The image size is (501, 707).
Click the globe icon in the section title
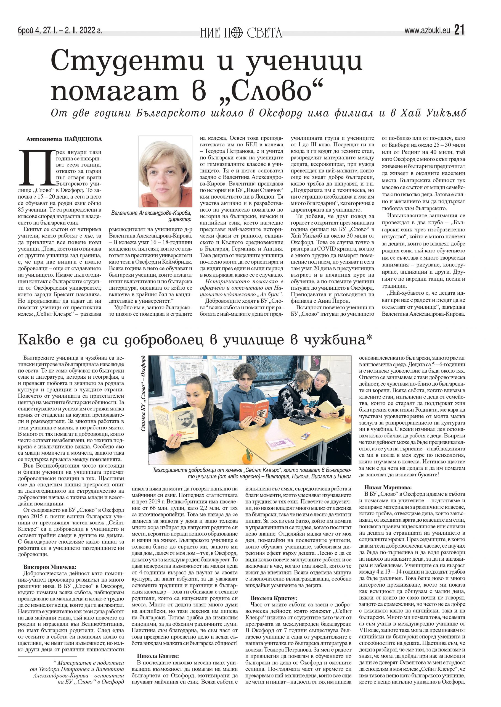(x=237, y=32)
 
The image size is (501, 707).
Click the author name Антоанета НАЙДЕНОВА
(x=64, y=139)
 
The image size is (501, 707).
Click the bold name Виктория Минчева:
(x=50, y=567)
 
